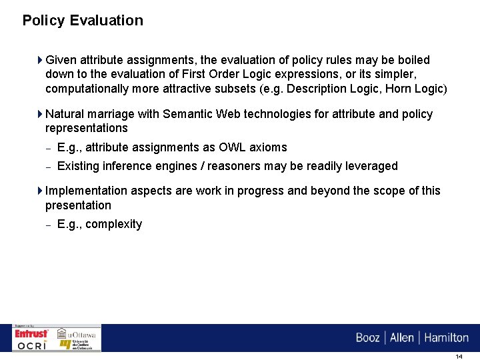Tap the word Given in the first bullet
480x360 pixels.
pos(61,60)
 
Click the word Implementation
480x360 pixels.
pos(87,191)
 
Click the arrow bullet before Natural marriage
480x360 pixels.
pos(41,114)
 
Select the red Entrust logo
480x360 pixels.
pos(32,333)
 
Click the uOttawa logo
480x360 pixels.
pos(77,333)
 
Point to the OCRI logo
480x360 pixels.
pos(32,345)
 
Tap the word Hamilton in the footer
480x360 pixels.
pos(447,337)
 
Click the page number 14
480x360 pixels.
pos(459,357)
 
